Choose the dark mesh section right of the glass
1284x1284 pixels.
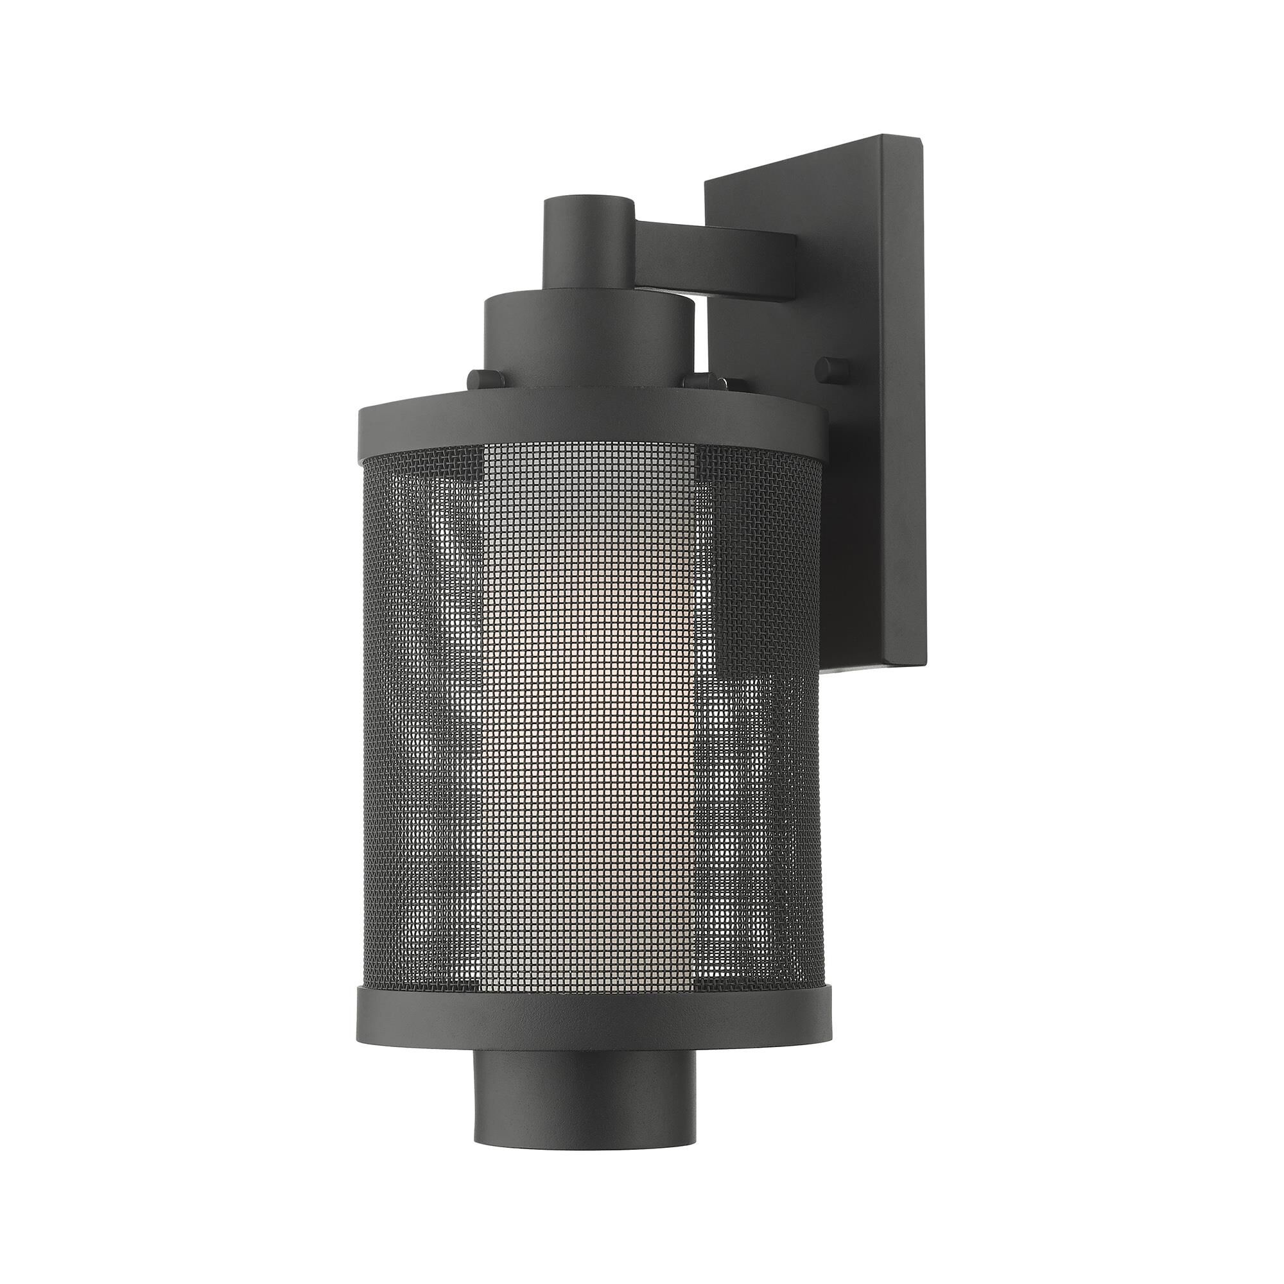[758, 731]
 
